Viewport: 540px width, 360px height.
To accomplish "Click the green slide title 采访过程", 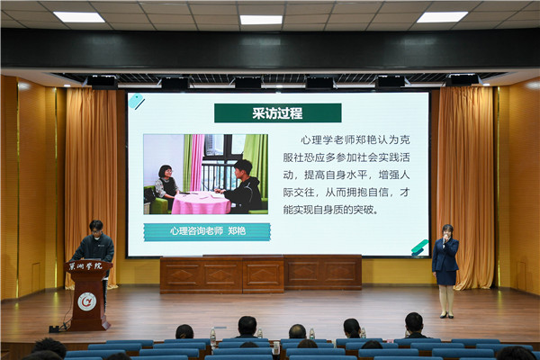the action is point(277,113).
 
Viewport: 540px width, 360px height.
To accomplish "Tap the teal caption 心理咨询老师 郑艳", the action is point(207,231).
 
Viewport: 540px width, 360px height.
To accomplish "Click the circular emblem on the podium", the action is point(86,301).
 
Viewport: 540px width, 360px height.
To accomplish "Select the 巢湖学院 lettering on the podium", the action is point(85,266).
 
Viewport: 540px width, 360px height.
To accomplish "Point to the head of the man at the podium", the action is point(96,228).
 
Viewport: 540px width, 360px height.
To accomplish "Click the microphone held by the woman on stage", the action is point(445,237).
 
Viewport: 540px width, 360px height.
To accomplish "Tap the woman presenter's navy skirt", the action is point(446,277).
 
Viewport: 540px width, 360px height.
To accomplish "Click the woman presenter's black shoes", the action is point(446,315).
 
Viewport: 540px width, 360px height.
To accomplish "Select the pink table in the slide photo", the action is point(201,203).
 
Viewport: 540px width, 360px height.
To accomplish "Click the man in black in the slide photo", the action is point(242,187).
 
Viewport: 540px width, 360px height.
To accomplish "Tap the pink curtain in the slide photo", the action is point(196,163).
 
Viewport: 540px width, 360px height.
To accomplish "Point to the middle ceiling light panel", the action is point(261,20).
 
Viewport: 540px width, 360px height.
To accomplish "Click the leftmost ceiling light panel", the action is point(79,17).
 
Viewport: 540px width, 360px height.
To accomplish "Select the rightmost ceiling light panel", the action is point(442,17).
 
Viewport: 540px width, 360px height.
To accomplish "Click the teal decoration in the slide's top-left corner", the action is point(137,102).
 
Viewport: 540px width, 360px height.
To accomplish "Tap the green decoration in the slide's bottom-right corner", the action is point(419,247).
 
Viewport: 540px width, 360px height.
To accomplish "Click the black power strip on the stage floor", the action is point(54,329).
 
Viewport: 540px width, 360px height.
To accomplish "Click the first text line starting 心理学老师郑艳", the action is point(355,139).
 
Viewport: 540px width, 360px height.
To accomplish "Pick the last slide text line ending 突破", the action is point(330,210).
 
